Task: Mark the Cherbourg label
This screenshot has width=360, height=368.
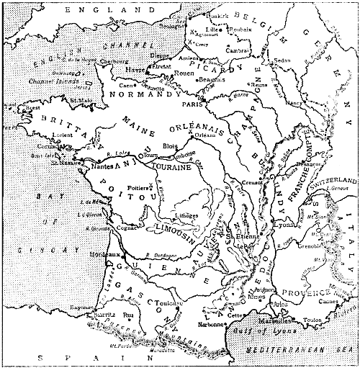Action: (x=109, y=63)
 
